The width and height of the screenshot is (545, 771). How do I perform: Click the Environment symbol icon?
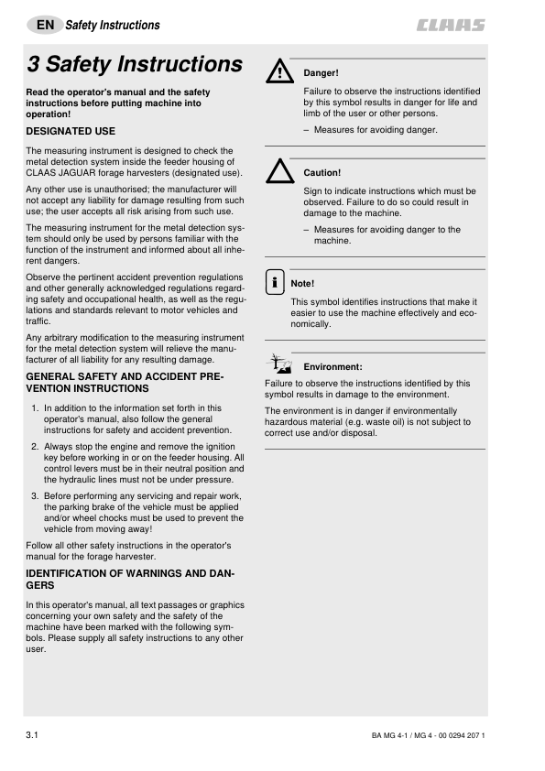(278, 364)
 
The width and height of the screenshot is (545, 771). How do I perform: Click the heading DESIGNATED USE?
(71, 132)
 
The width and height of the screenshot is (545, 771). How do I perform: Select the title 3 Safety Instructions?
(135, 64)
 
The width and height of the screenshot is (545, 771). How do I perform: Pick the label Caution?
(322, 172)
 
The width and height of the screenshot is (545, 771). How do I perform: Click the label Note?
(302, 284)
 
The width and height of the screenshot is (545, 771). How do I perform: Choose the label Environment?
(332, 366)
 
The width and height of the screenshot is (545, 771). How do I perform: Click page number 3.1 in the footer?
(34, 734)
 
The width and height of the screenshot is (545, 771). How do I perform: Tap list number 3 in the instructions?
(35, 495)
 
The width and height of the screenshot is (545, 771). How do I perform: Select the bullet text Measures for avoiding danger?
(376, 130)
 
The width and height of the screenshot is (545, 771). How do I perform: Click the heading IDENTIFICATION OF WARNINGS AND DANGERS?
(130, 579)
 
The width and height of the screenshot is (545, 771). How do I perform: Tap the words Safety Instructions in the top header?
(113, 26)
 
